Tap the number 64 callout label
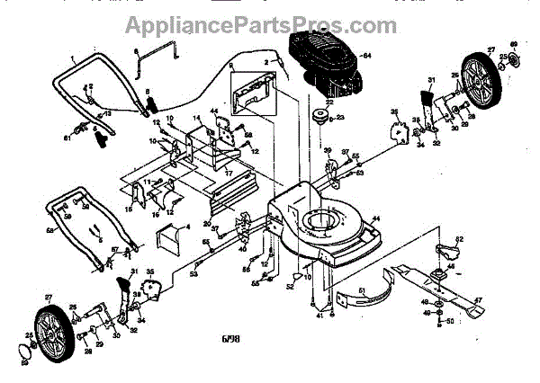point(366,57)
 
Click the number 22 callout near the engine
point(330,102)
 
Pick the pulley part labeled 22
point(319,117)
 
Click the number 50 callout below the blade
point(450,321)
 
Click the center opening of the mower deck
point(324,220)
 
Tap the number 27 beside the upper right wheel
point(491,49)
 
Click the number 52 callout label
point(290,287)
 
